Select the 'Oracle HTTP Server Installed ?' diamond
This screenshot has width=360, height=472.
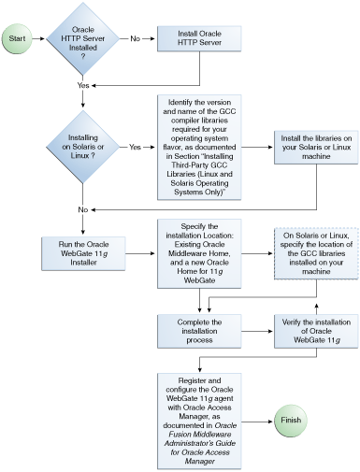tap(84, 39)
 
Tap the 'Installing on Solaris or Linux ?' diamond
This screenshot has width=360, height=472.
tap(84, 147)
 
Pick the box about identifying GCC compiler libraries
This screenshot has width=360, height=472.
tap(201, 147)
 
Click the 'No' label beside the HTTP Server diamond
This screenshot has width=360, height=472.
tap(136, 39)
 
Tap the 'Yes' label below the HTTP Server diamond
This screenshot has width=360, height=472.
tap(84, 84)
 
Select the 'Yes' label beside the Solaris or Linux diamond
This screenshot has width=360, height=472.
tap(136, 147)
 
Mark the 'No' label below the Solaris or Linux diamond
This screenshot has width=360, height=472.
tap(84, 207)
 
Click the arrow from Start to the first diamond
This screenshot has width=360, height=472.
tap(40, 39)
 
